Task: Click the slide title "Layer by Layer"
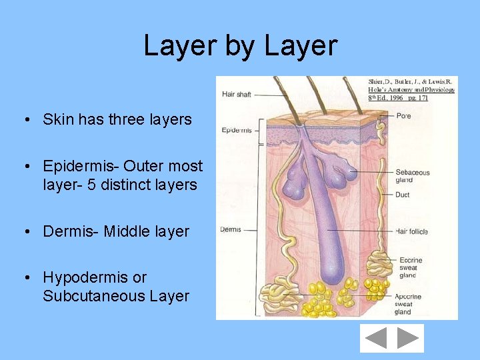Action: (x=241, y=45)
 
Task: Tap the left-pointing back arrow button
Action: (x=376, y=339)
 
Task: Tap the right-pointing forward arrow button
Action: (x=407, y=339)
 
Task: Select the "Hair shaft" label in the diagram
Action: (x=236, y=95)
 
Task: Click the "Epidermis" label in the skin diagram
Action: (x=236, y=130)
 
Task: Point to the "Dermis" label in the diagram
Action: (x=230, y=230)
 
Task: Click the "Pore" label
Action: (x=403, y=116)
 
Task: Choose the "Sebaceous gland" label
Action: (x=412, y=176)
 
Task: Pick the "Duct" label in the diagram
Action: (x=402, y=195)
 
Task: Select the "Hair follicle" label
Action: (x=411, y=231)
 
